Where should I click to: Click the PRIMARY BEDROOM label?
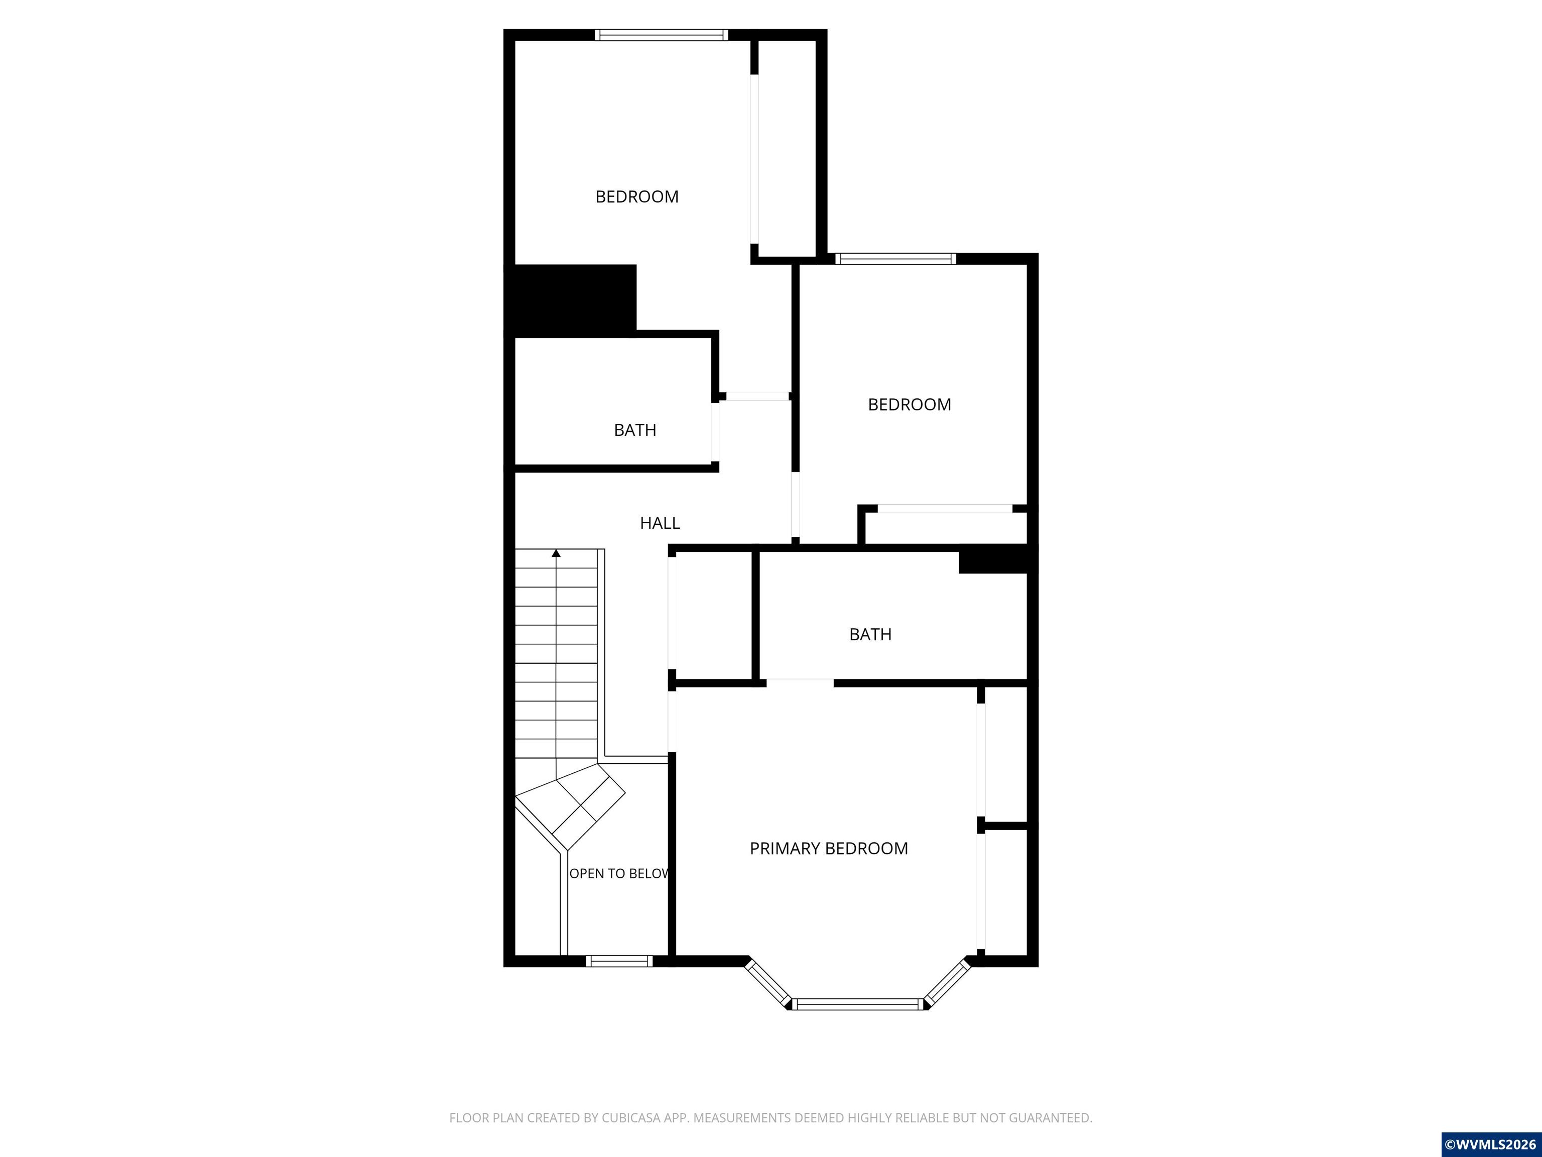[x=829, y=849]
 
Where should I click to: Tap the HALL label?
[x=660, y=523]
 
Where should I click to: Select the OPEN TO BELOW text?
[x=619, y=874]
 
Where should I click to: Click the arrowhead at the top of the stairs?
[x=556, y=553]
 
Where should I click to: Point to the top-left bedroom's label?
[x=637, y=197]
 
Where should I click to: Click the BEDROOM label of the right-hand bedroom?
[x=909, y=404]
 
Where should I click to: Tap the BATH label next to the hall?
[x=635, y=430]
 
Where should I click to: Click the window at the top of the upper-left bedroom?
[x=662, y=35]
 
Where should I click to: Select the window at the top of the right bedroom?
[x=896, y=259]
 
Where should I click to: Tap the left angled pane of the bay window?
[x=768, y=983]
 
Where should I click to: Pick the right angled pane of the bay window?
[x=947, y=983]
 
